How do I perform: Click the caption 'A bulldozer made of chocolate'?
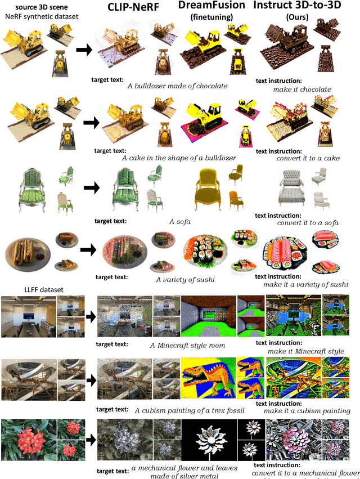[x=177, y=86]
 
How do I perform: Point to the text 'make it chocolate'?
[x=302, y=89]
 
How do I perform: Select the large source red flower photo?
[x=28, y=440]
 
